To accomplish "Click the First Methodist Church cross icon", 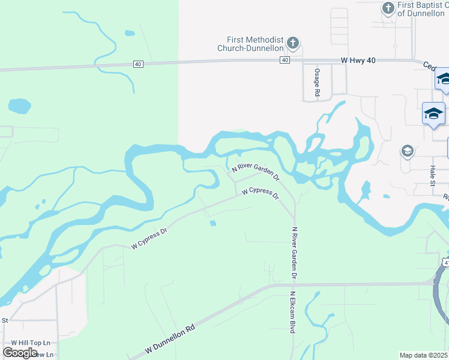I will tap(293, 43).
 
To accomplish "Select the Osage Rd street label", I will tap(317, 82).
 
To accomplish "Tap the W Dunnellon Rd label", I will tap(170, 340).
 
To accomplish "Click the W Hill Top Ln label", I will tap(29, 343).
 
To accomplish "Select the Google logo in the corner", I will tap(20, 353).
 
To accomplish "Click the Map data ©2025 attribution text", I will tap(424, 355).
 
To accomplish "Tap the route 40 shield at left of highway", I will tap(138, 64).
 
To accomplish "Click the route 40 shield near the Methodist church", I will tap(285, 60).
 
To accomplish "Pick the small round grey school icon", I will tap(407, 151).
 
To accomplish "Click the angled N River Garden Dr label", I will tap(256, 172).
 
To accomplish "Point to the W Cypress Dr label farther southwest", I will tap(149, 238).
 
